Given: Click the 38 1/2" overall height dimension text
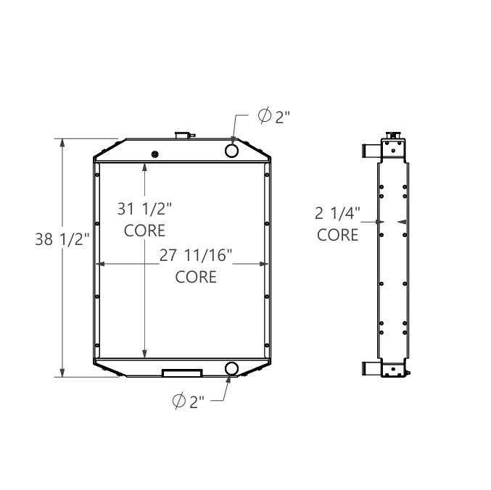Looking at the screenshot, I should tap(61, 240).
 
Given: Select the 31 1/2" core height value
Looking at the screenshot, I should tap(145, 209).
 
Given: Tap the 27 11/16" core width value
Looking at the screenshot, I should tap(196, 256).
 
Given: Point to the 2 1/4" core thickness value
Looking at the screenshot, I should tap(338, 214).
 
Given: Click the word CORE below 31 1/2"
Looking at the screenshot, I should tap(145, 231).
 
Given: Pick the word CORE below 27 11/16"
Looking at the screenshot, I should tap(196, 277).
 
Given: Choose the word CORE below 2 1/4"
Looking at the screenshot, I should tap(338, 235).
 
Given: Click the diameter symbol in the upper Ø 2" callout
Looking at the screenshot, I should tap(265, 116).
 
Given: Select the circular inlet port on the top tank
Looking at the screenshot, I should tap(232, 150).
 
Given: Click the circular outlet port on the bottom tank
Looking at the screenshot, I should tap(232, 368).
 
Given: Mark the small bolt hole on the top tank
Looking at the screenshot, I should tap(154, 154).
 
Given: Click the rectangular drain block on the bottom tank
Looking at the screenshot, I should tap(182, 373).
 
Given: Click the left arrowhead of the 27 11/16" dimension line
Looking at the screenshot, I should tap(102, 265).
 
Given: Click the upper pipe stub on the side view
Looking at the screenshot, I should tap(369, 151).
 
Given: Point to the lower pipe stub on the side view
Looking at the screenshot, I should tap(369, 368).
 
